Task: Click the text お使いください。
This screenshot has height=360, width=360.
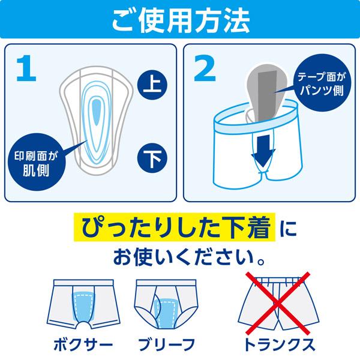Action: click(180, 259)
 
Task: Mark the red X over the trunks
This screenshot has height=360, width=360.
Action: click(277, 304)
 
